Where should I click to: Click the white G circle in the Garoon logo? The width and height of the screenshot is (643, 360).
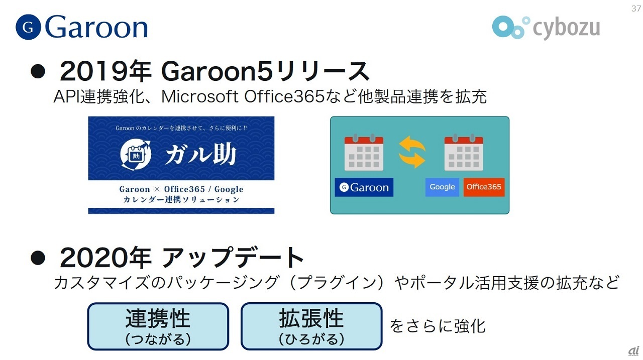point(28,27)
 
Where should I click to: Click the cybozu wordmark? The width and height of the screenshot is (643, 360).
point(566,28)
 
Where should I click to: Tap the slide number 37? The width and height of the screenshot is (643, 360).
point(636,9)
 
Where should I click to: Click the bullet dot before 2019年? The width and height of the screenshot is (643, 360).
point(38,71)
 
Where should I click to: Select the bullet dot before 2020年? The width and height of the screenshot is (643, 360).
point(38,258)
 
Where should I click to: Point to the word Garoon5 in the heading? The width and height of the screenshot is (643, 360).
point(217,71)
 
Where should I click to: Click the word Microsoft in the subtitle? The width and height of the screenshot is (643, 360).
point(200,96)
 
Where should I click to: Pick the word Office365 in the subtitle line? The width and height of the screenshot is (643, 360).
point(284,96)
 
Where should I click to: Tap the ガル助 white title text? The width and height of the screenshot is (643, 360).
point(200,155)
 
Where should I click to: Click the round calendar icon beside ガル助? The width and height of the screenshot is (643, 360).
point(136,155)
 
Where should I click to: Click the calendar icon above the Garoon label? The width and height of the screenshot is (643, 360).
point(364,152)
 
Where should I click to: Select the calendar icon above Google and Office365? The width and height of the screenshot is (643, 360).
point(464,152)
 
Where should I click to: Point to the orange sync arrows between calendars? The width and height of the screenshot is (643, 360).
point(412,152)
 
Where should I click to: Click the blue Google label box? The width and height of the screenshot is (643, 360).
point(442,187)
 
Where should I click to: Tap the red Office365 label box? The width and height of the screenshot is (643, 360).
point(484,187)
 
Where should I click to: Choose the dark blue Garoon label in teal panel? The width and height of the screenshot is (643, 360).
point(364,187)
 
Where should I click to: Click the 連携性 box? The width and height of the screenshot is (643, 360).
point(158,326)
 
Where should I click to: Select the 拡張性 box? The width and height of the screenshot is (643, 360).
point(311,326)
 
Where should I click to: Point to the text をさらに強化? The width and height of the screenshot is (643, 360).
point(438,326)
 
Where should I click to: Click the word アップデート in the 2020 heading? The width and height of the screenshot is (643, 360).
point(233,258)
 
